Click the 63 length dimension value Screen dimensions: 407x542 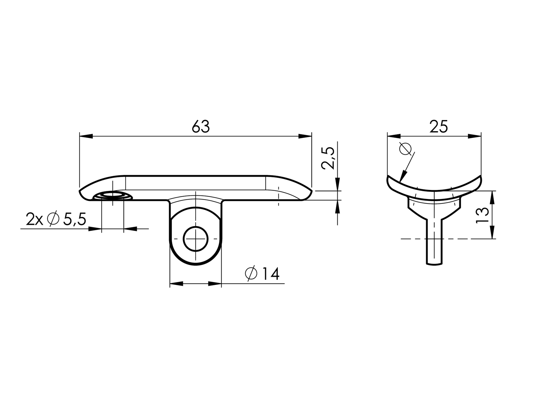pos(201,127)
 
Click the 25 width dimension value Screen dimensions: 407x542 pos(439,127)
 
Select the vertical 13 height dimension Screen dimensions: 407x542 pos(482,215)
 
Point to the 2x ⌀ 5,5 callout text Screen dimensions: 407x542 pos(56,220)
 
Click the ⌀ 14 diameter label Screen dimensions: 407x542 pos(262,274)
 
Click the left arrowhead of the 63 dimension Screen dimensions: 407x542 pos(85,136)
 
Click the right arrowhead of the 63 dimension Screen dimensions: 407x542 pos(305,136)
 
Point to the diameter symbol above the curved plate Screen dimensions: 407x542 pos(405,149)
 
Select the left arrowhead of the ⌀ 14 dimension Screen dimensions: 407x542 pos(176,284)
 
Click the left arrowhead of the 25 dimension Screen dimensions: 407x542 pos(394,136)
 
